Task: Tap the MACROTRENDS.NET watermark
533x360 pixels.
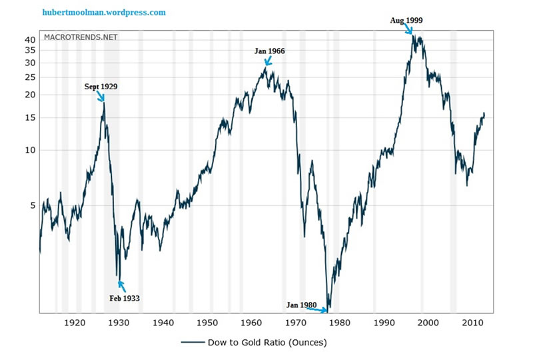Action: click(x=81, y=37)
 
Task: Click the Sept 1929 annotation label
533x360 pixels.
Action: click(x=101, y=87)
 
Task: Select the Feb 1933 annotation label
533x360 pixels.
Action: click(x=125, y=298)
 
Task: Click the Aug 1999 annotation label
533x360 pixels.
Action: click(x=406, y=21)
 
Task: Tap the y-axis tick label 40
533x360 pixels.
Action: click(x=29, y=40)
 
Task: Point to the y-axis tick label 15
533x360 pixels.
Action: click(x=29, y=118)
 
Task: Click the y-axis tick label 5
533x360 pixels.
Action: click(x=32, y=205)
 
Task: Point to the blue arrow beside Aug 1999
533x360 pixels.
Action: click(x=410, y=29)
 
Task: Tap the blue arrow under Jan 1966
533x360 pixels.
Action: click(x=267, y=61)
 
